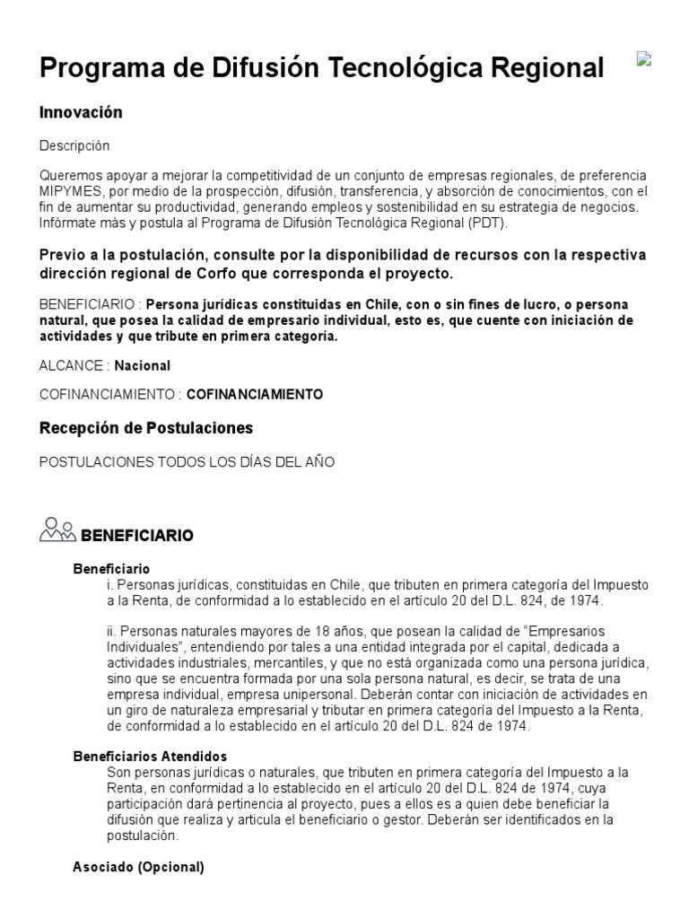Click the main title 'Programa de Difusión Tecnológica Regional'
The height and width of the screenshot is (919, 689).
322,67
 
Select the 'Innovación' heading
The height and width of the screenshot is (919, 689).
81,112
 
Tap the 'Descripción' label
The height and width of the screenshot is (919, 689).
74,144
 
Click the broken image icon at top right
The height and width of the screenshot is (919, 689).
643,59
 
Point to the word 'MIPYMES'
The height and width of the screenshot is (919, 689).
69,190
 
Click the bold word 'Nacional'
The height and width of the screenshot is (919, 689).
142,365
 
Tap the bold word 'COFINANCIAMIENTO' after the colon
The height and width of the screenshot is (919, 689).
255,394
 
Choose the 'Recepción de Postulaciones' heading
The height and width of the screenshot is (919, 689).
146,427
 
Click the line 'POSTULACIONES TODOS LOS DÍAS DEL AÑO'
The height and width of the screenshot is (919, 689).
187,462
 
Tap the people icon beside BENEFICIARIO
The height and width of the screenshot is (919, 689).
57,531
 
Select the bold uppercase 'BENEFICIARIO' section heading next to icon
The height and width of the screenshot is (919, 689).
137,536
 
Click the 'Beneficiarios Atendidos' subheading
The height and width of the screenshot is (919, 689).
150,757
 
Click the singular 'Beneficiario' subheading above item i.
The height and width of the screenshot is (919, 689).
111,568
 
